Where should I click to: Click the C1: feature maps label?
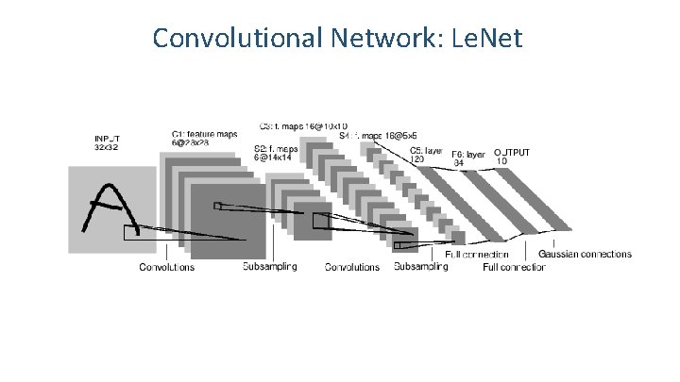203,134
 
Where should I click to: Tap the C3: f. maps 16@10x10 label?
303,125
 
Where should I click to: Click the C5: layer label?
426,149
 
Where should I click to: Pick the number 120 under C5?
417,158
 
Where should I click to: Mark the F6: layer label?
468,154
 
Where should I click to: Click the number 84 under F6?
460,163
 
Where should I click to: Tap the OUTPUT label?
511,151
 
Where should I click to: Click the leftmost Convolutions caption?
167,267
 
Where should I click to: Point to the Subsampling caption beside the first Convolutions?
269,267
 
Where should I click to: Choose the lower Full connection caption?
514,268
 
